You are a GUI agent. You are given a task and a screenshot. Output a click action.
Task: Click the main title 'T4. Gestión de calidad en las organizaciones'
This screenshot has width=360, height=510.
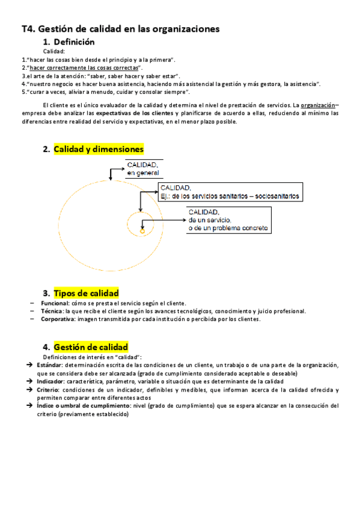click(x=120, y=29)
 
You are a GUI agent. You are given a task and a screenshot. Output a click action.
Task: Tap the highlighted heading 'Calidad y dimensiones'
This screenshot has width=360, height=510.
click(x=99, y=149)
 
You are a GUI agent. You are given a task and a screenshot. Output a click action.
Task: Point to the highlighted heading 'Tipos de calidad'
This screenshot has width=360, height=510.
click(x=86, y=293)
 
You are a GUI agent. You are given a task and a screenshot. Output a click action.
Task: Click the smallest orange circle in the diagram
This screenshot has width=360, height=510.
click(x=142, y=230)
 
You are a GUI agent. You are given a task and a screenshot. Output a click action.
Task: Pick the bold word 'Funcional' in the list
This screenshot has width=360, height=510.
click(x=55, y=303)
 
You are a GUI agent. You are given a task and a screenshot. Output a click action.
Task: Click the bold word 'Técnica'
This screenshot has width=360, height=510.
click(x=52, y=311)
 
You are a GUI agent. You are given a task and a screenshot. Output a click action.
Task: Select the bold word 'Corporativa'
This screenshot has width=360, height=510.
click(x=58, y=319)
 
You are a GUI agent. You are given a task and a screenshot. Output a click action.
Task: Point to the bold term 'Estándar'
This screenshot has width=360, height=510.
click(x=50, y=364)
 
